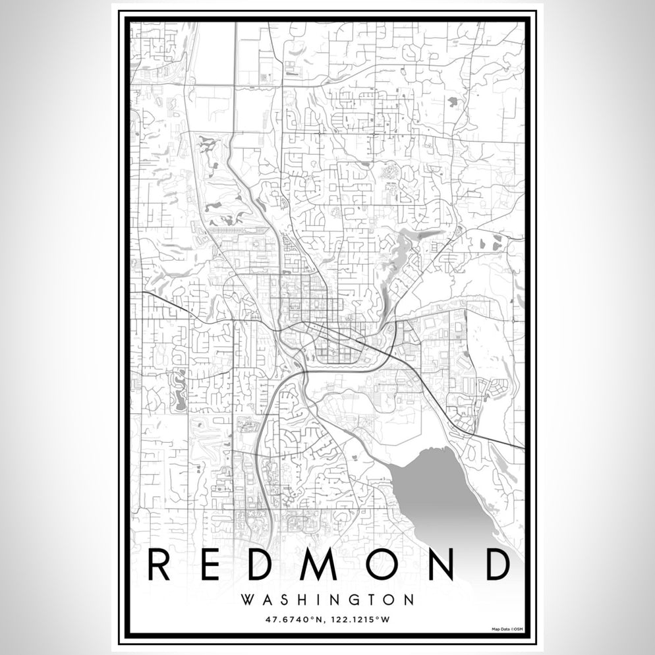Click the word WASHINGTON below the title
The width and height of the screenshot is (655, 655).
pyautogui.click(x=327, y=600)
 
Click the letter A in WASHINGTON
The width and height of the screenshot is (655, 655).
pyautogui.click(x=265, y=600)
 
